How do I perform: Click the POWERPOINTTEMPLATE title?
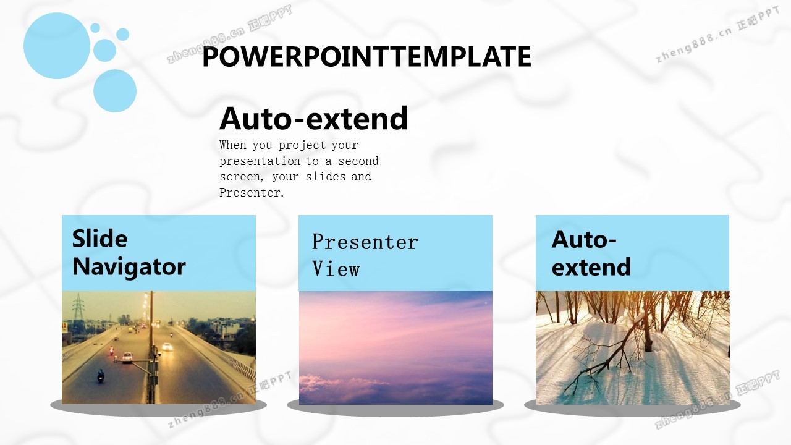(x=366, y=56)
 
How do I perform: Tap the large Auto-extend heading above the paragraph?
(x=313, y=118)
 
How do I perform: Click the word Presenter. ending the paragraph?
(x=252, y=193)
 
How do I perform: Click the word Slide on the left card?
(x=99, y=239)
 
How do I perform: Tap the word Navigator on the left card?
(x=129, y=267)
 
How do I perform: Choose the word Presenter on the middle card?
(x=365, y=242)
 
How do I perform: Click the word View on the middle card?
(x=336, y=269)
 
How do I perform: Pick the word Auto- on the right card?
(x=584, y=239)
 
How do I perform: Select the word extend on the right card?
(x=591, y=267)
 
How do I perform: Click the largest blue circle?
(x=57, y=46)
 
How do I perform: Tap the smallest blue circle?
(x=95, y=28)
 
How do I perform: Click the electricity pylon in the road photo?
(x=78, y=307)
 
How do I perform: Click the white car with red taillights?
(x=127, y=357)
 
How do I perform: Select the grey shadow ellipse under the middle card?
(x=395, y=408)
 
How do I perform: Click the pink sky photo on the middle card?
(x=395, y=348)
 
